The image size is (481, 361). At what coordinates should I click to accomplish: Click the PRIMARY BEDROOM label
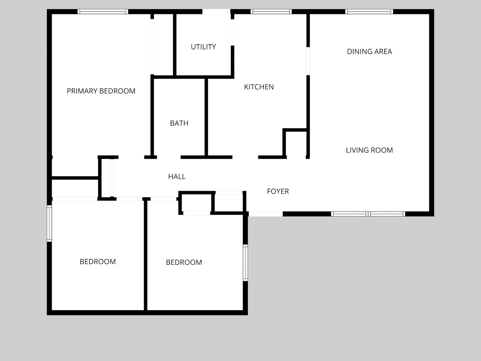(101, 91)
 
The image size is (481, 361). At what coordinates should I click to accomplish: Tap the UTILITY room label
(203, 47)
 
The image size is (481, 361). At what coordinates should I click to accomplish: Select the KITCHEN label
(259, 87)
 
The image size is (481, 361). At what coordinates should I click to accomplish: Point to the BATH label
(179, 123)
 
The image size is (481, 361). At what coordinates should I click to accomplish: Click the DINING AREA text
(369, 51)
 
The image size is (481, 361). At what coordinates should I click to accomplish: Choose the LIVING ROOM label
(369, 150)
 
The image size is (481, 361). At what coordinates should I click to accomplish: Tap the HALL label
(177, 176)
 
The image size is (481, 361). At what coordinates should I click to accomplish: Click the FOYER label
(278, 191)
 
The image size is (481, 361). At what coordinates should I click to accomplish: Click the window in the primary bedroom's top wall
(103, 12)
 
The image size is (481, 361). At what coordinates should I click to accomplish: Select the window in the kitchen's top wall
(271, 12)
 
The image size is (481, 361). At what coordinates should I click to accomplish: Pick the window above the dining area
(369, 12)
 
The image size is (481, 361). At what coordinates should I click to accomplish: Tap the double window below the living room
(368, 214)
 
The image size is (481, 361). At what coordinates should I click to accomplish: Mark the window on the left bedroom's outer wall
(49, 224)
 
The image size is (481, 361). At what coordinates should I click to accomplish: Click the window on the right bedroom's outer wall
(246, 263)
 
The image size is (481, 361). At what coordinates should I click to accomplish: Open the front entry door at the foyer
(266, 214)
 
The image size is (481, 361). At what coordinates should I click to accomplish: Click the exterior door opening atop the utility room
(216, 12)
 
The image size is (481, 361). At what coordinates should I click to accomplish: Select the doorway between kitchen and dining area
(308, 61)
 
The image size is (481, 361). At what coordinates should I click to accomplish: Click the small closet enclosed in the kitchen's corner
(296, 143)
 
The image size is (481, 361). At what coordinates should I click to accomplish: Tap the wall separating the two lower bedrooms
(146, 256)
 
